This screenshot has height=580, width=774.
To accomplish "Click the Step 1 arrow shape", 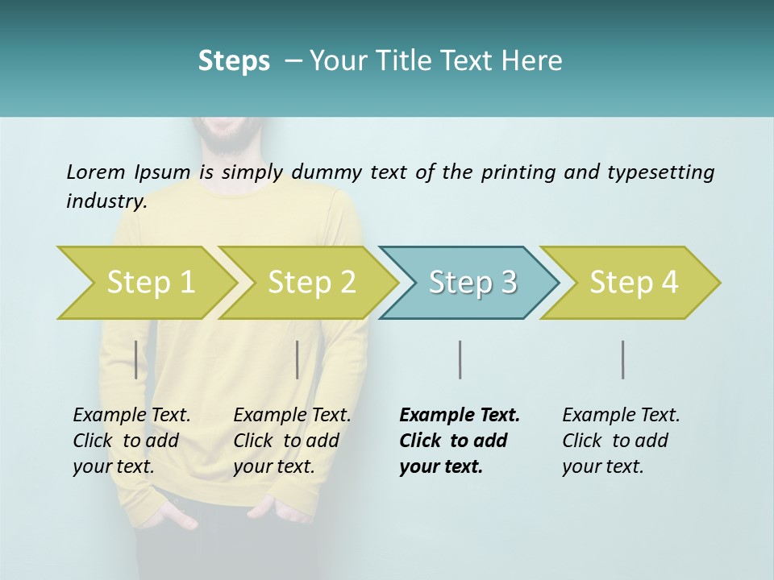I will [x=145, y=283].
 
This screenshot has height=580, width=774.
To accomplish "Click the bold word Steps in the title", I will [x=234, y=61].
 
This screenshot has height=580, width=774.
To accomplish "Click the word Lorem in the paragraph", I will [x=95, y=172].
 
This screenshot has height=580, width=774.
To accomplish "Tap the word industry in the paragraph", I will [x=106, y=201].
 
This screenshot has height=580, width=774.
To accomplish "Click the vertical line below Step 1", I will [x=135, y=359].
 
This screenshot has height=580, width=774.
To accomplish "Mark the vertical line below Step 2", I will [x=298, y=359].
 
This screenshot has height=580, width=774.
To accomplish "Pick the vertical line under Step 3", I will [x=460, y=359].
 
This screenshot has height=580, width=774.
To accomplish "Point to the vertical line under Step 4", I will [x=622, y=359].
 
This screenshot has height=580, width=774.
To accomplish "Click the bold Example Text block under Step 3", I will [x=458, y=441].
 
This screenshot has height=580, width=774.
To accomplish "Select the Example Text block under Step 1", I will [x=131, y=441].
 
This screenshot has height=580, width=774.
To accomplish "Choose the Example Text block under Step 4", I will [x=620, y=441].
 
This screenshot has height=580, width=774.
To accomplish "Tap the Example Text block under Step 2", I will [x=292, y=441].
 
